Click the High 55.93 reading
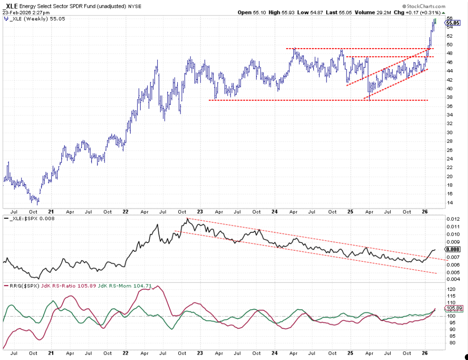(x=281, y=13)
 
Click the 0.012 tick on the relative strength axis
(x=453, y=219)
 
